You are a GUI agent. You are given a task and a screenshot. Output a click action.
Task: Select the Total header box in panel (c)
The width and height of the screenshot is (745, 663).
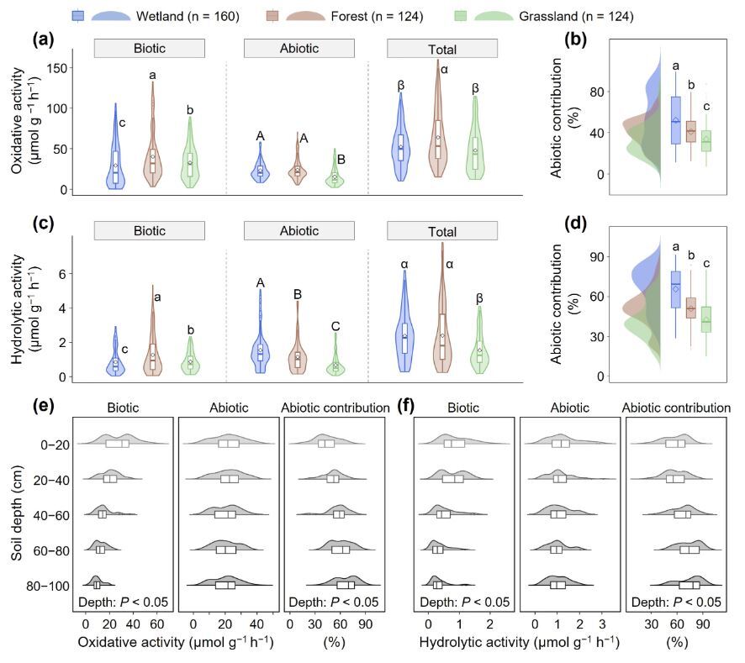(441, 231)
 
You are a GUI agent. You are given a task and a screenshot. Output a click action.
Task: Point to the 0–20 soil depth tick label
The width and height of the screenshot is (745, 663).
(45, 443)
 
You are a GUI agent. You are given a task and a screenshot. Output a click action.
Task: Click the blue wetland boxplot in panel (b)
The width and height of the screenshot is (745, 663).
(675, 119)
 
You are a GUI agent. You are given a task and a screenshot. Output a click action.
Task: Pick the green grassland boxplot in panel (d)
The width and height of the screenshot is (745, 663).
(706, 319)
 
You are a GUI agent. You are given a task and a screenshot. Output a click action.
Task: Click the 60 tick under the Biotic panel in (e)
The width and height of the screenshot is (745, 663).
(156, 625)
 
